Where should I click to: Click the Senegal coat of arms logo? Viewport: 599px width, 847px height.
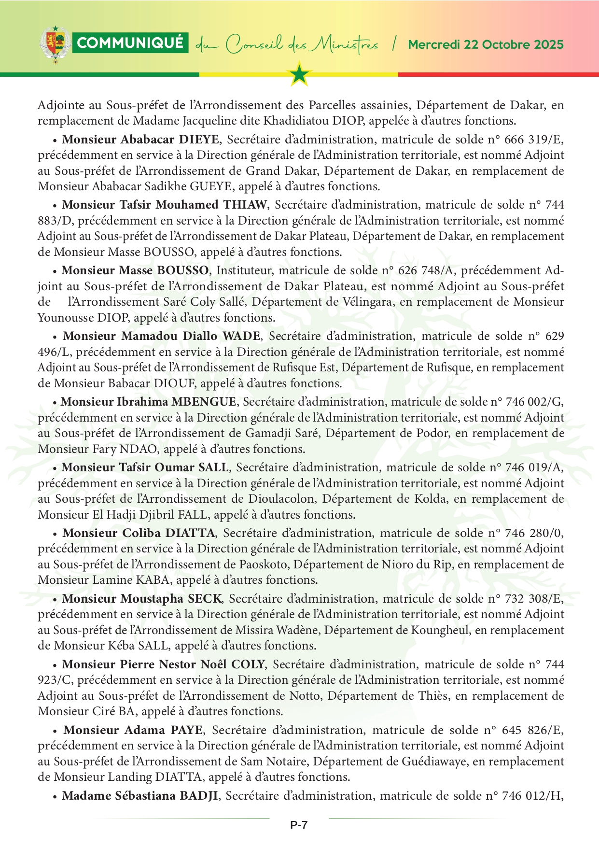coord(56,44)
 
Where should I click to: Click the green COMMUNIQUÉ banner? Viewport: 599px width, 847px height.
coord(130,43)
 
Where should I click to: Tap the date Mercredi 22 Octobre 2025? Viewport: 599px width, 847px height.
coord(486,45)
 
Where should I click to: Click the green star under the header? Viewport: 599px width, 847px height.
coord(300,74)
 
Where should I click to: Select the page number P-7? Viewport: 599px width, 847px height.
coord(299,825)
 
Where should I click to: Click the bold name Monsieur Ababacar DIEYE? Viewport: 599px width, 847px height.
coord(140,140)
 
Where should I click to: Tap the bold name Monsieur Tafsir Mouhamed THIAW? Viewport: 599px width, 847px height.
coord(164,205)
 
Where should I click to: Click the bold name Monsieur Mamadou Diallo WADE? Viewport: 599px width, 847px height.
coord(162,336)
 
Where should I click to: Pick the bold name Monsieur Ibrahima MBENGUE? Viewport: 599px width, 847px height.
coord(149,402)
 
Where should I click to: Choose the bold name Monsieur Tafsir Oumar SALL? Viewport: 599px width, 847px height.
coord(145,467)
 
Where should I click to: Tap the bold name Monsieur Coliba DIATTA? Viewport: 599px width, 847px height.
coord(139,533)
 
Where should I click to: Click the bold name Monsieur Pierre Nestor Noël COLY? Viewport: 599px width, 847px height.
coord(164,664)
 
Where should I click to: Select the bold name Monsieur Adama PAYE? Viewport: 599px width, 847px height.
coord(134,730)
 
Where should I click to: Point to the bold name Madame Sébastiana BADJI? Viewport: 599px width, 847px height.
coord(140,796)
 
